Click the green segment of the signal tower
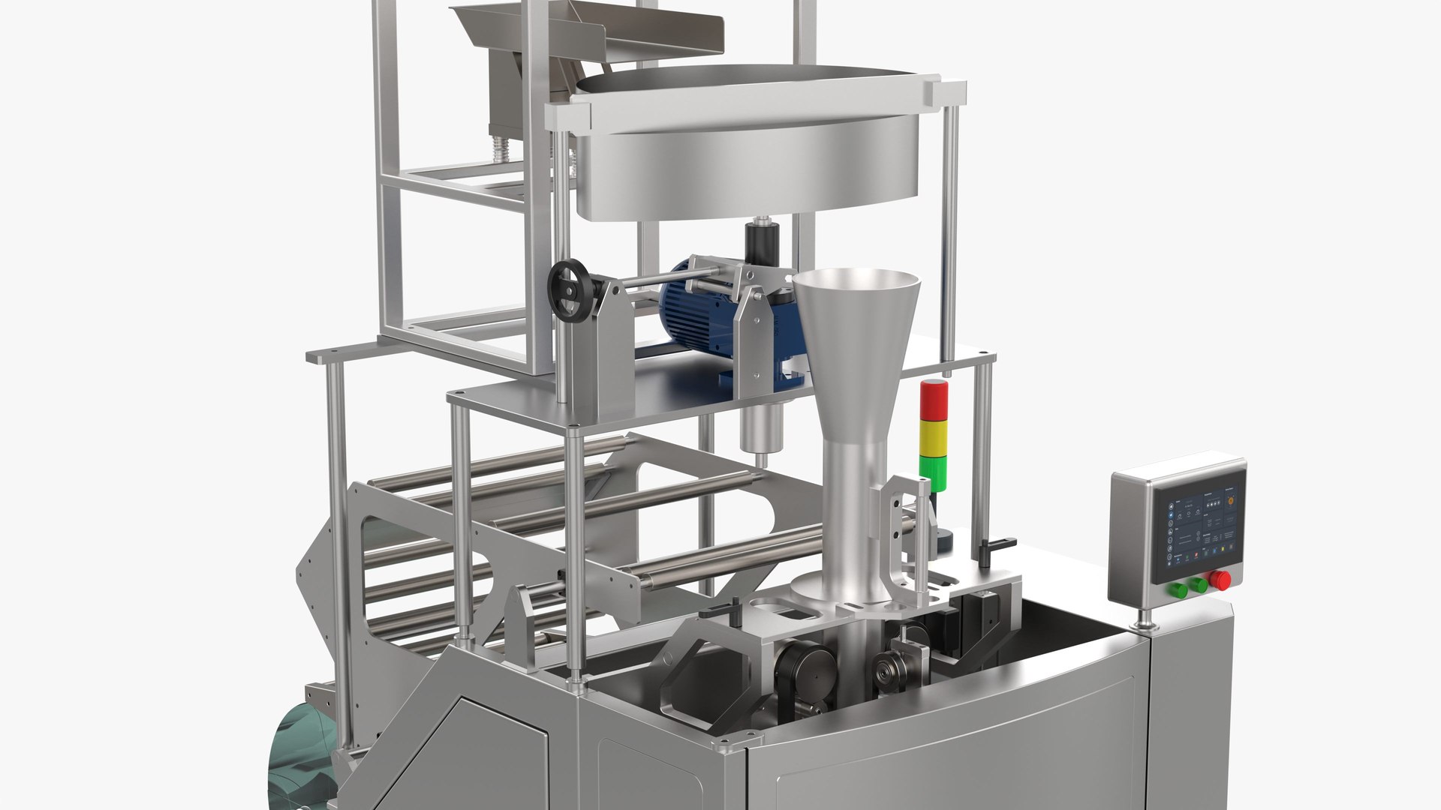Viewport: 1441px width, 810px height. coord(934,469)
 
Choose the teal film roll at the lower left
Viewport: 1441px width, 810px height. coord(300,757)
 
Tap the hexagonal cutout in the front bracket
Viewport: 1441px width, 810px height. coord(709,667)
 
